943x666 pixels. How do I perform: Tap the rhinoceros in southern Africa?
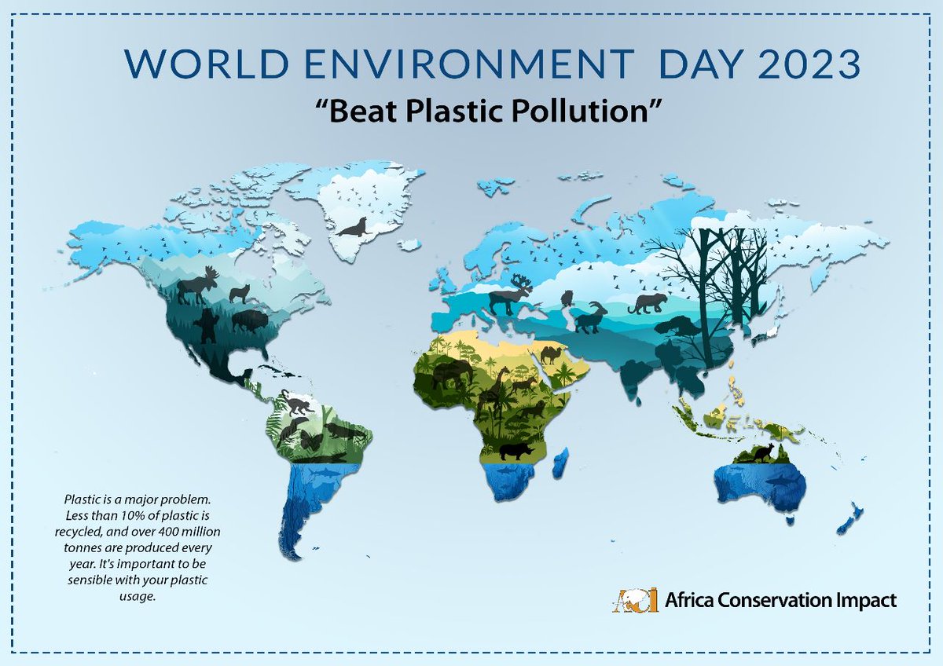pos(516,450)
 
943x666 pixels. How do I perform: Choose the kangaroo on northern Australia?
pos(765,452)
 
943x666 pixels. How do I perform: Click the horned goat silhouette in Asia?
pos(589,317)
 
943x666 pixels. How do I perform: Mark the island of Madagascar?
pos(561,463)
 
